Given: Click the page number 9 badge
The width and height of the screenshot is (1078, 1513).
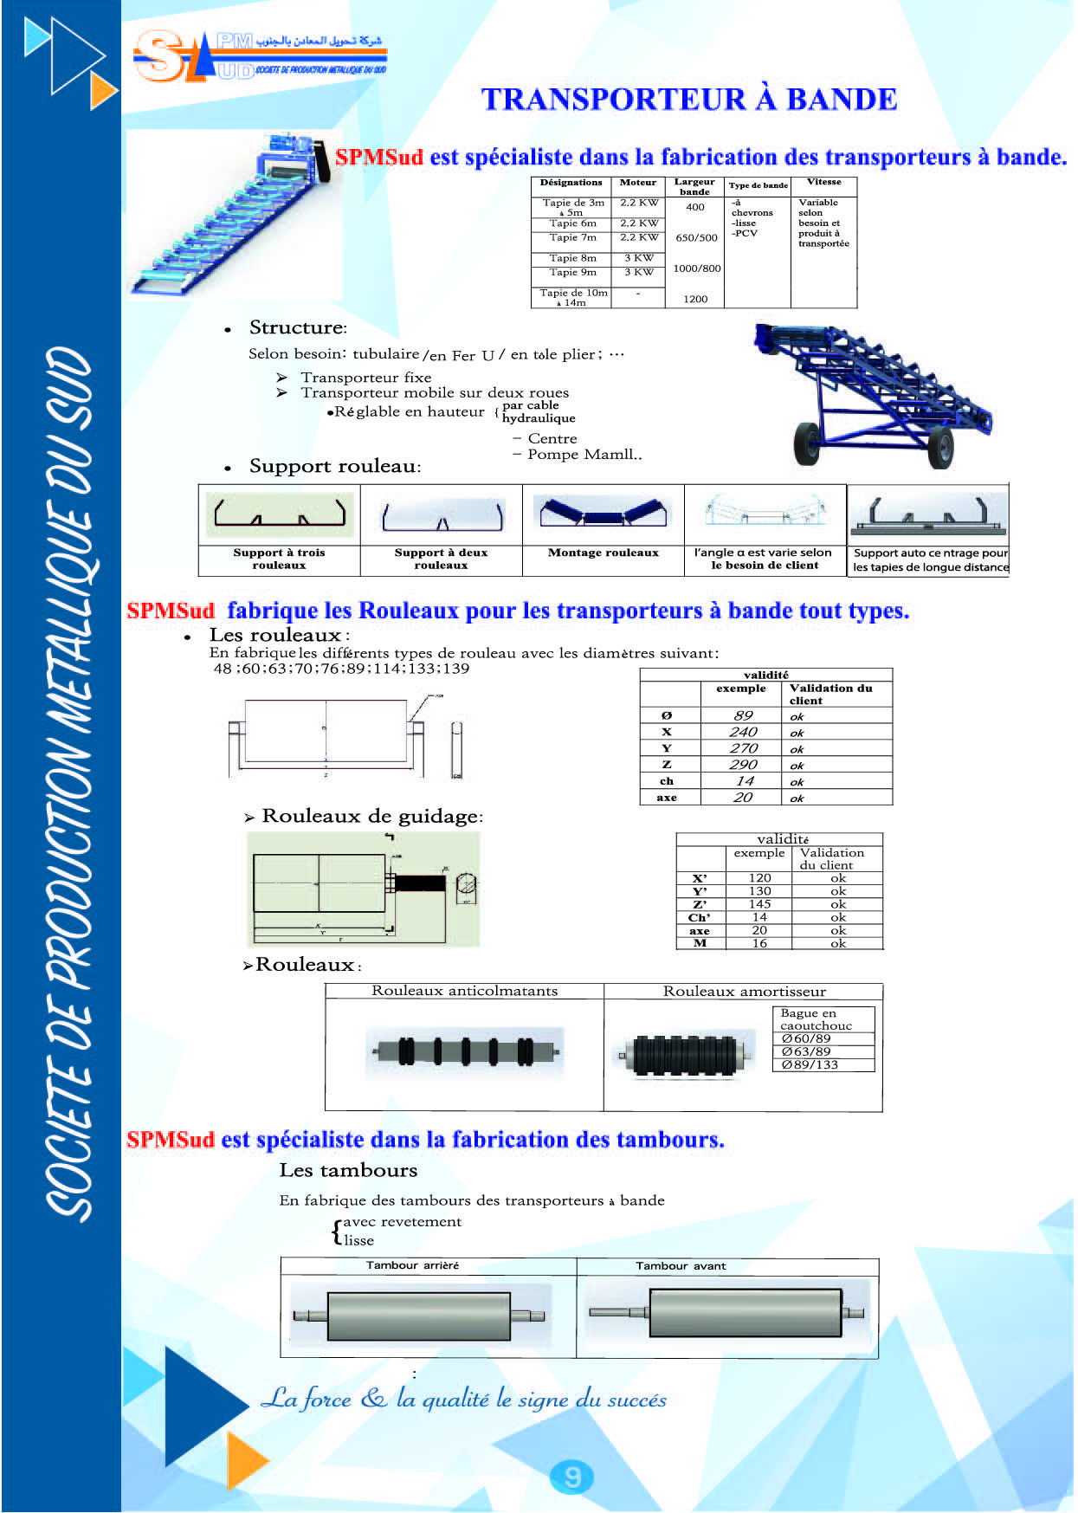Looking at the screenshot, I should pyautogui.click(x=571, y=1476).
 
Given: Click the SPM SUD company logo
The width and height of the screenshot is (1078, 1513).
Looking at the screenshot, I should pyautogui.click(x=260, y=57).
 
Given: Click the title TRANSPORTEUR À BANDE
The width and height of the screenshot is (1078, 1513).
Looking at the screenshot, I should pyautogui.click(x=689, y=100).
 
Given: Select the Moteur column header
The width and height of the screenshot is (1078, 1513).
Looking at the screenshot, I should pyautogui.click(x=638, y=183).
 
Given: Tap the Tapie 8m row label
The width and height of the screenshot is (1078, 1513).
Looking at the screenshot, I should pyautogui.click(x=572, y=258).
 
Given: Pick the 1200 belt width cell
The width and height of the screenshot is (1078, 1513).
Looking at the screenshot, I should pyautogui.click(x=695, y=299).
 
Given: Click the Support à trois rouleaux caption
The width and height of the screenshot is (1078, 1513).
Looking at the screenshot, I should pyautogui.click(x=279, y=559).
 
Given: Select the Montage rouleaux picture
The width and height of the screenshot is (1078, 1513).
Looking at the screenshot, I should pyautogui.click(x=603, y=514).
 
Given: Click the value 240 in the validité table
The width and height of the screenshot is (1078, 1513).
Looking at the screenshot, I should pyautogui.click(x=743, y=732).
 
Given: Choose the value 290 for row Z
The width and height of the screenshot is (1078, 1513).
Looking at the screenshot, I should pyautogui.click(x=743, y=765).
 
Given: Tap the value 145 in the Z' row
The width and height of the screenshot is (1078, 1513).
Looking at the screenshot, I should pyautogui.click(x=759, y=904).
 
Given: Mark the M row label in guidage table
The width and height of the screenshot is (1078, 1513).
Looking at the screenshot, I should pyautogui.click(x=700, y=943).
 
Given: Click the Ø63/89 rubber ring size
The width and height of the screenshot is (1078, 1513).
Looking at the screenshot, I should pyautogui.click(x=805, y=1051).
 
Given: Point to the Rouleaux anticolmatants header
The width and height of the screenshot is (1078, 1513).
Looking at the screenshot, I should pyautogui.click(x=465, y=991).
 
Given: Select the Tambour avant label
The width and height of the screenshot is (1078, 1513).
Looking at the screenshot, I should pyautogui.click(x=681, y=1266).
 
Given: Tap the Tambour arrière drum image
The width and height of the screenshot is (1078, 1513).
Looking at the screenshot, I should pyautogui.click(x=419, y=1316).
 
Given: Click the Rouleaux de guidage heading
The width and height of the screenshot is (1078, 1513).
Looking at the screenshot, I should pyautogui.click(x=371, y=817).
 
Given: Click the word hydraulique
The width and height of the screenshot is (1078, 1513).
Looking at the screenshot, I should pyautogui.click(x=539, y=418).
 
